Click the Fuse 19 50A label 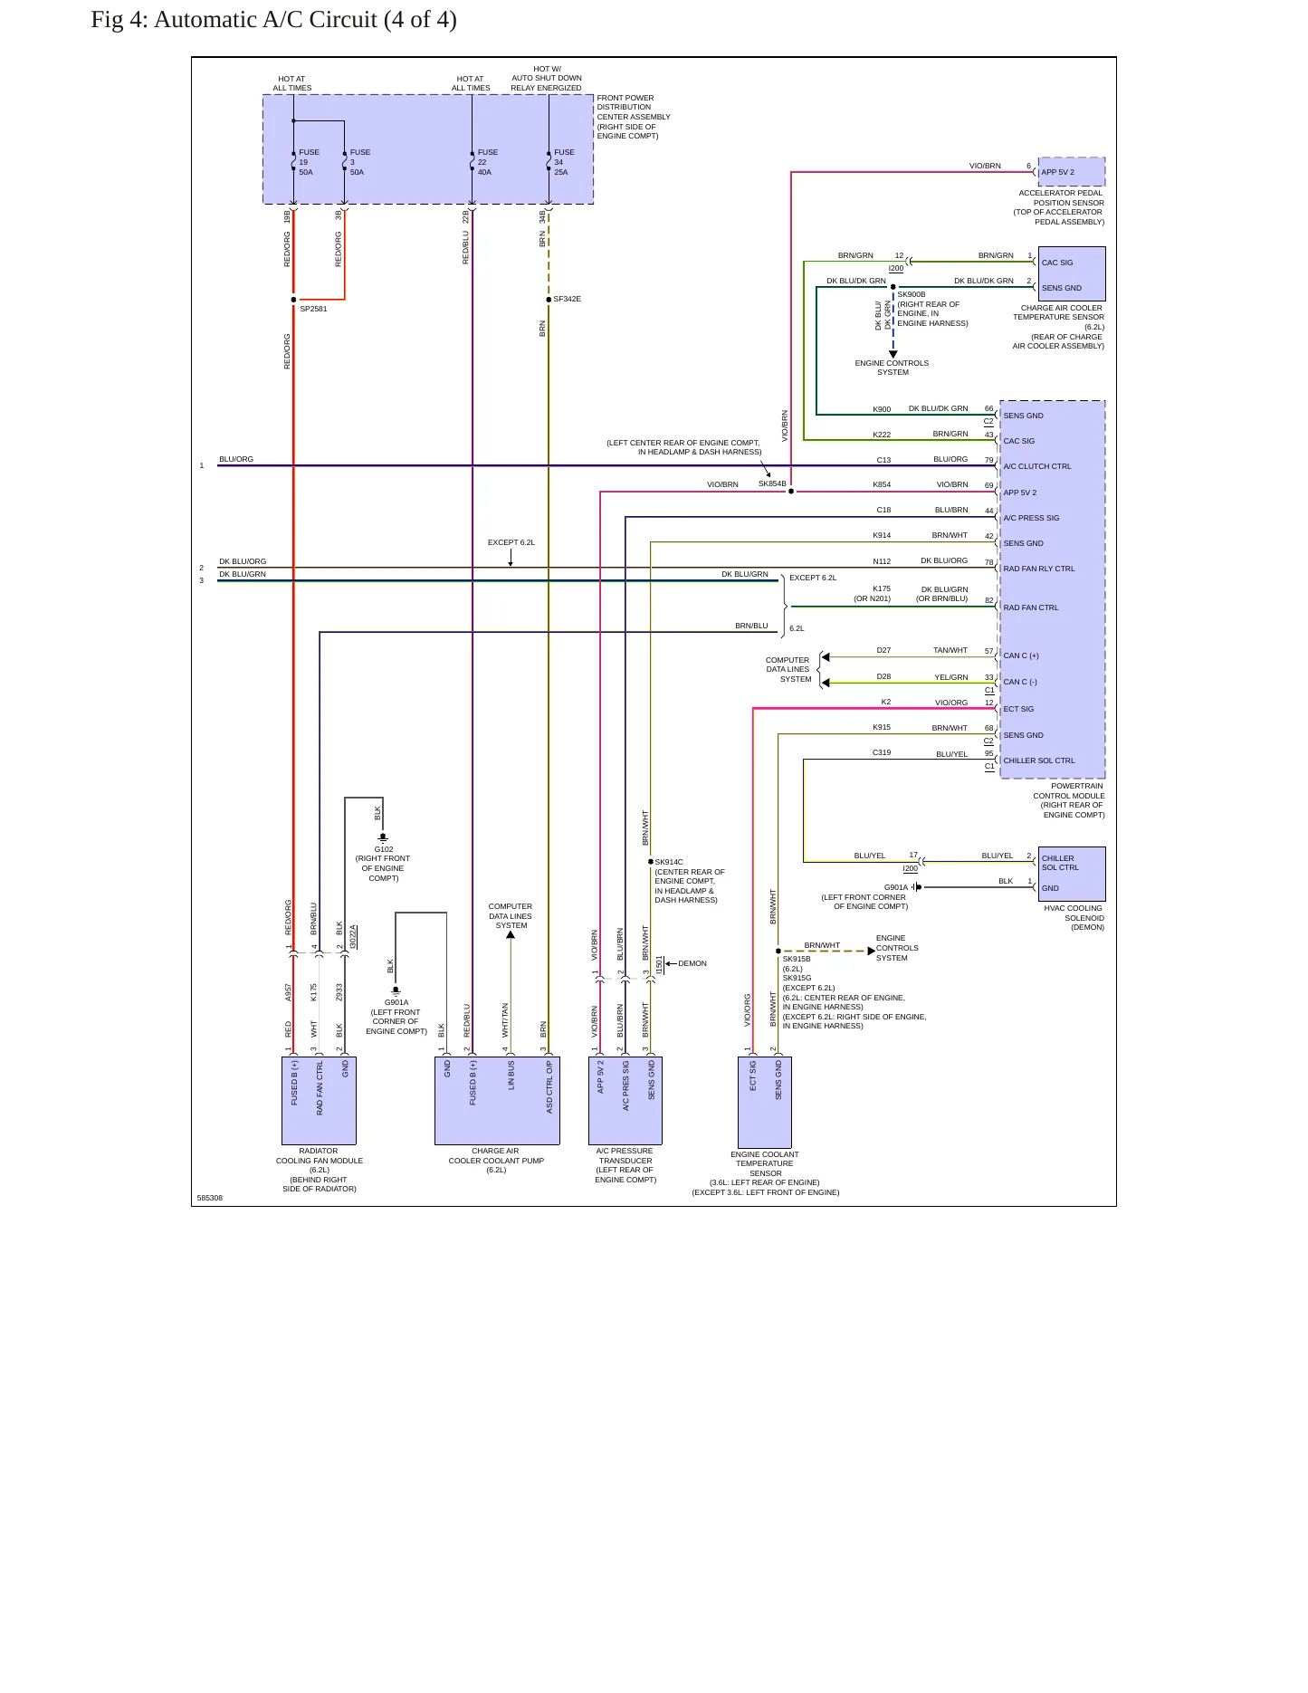coord(309,162)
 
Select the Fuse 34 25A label coord(564,162)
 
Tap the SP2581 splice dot coord(293,300)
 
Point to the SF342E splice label coord(568,299)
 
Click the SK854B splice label coord(772,483)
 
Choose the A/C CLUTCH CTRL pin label coord(1036,466)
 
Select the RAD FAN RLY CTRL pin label coord(1039,569)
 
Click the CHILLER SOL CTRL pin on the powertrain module coord(1039,760)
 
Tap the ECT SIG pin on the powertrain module coord(1018,709)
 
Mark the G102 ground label coord(384,849)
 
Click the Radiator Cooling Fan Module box coord(319,1101)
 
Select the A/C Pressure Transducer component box coord(625,1101)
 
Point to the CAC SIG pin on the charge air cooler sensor coord(1057,263)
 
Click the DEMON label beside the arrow coord(692,963)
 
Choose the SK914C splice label coord(669,862)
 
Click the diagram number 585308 coord(210,1198)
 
